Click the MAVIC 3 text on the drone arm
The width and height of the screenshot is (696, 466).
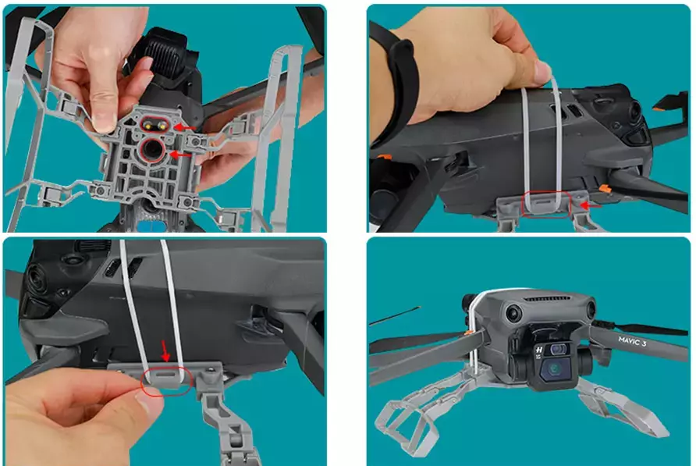click(x=632, y=342)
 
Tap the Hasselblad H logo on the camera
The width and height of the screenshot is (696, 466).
click(x=539, y=350)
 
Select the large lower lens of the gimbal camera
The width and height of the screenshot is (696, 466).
click(x=554, y=368)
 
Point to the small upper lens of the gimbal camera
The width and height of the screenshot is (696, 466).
click(x=557, y=350)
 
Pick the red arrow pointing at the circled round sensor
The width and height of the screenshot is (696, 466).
click(x=181, y=155)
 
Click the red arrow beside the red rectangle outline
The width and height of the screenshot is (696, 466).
click(x=591, y=205)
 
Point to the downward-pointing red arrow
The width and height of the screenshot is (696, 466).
click(x=165, y=350)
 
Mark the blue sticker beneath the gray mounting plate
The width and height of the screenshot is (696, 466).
click(x=151, y=227)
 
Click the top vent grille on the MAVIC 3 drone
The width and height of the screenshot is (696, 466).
click(x=548, y=298)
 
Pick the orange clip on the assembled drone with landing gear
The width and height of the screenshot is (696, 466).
click(x=466, y=332)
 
